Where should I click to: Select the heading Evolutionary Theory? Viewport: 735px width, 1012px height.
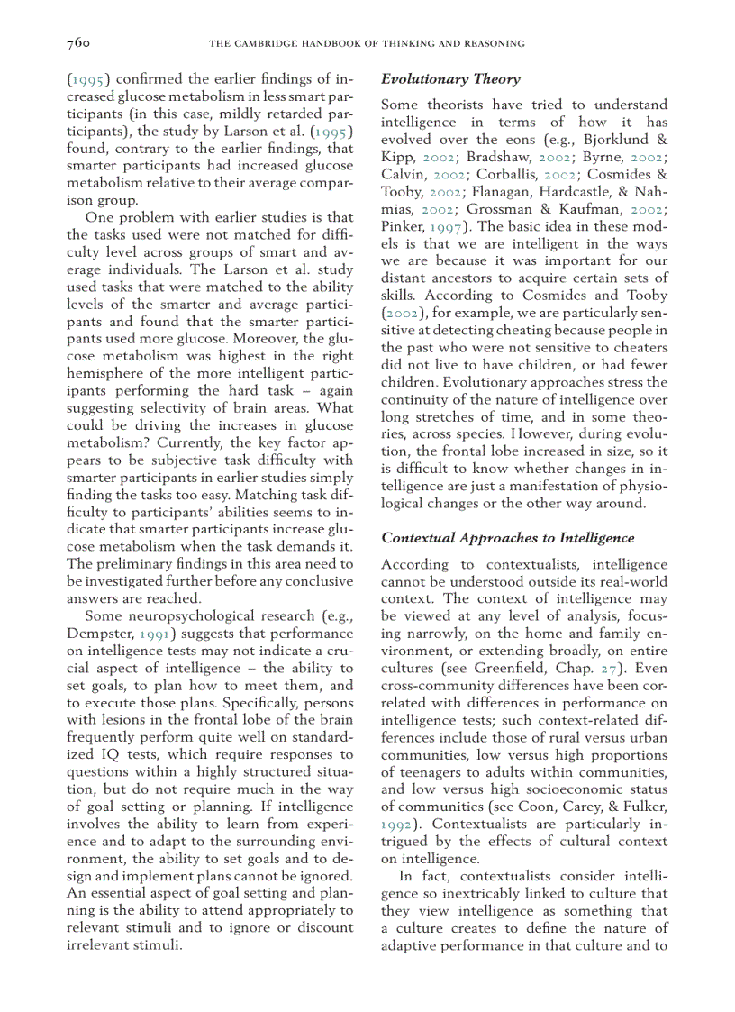[x=450, y=79]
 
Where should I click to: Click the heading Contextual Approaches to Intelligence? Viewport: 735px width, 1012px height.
[x=507, y=538]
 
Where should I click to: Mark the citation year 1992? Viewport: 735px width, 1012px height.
[x=396, y=825]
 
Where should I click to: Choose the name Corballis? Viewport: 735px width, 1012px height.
[x=530, y=175]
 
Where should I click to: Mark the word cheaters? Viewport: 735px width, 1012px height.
[x=636, y=348]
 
